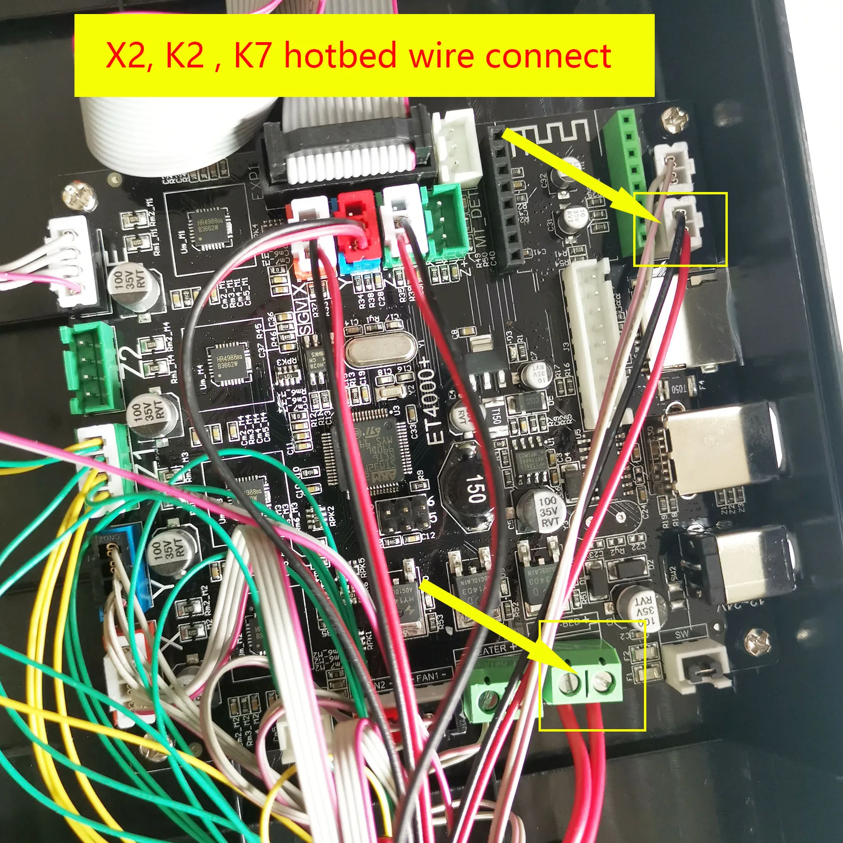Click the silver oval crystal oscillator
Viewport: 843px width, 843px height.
380,349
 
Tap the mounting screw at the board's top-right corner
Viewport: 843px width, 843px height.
674,119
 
